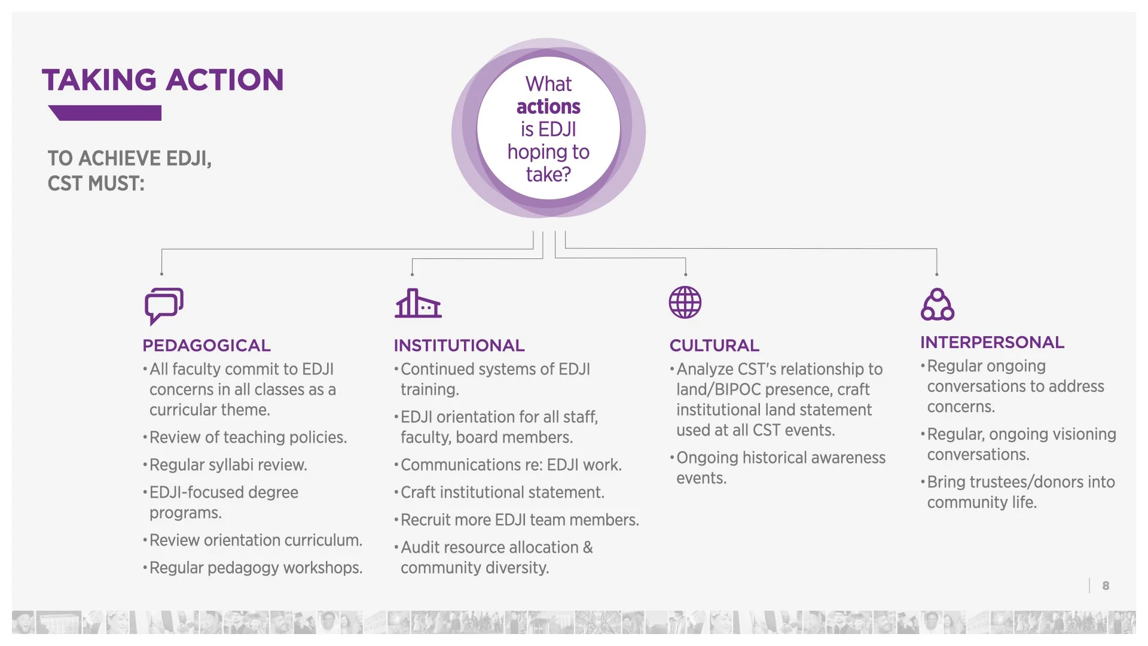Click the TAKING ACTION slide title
coord(163,80)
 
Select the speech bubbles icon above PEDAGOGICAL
coord(163,306)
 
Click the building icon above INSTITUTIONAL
coord(418,303)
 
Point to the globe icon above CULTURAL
coord(685,302)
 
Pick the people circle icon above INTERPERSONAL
coord(937,304)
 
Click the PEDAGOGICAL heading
coord(206,346)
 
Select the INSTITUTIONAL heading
coord(459,346)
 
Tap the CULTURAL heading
coord(714,346)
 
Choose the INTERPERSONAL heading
coord(992,343)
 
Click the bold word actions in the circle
coord(548,106)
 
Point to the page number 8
coord(1106,586)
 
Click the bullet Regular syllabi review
coord(228,465)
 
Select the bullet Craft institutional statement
coord(502,492)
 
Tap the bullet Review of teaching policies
coord(248,437)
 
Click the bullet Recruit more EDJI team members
coord(520,520)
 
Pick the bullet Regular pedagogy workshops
coord(256,568)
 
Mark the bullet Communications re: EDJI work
coord(511,465)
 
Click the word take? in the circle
coord(548,175)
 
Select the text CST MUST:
coord(96,184)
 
